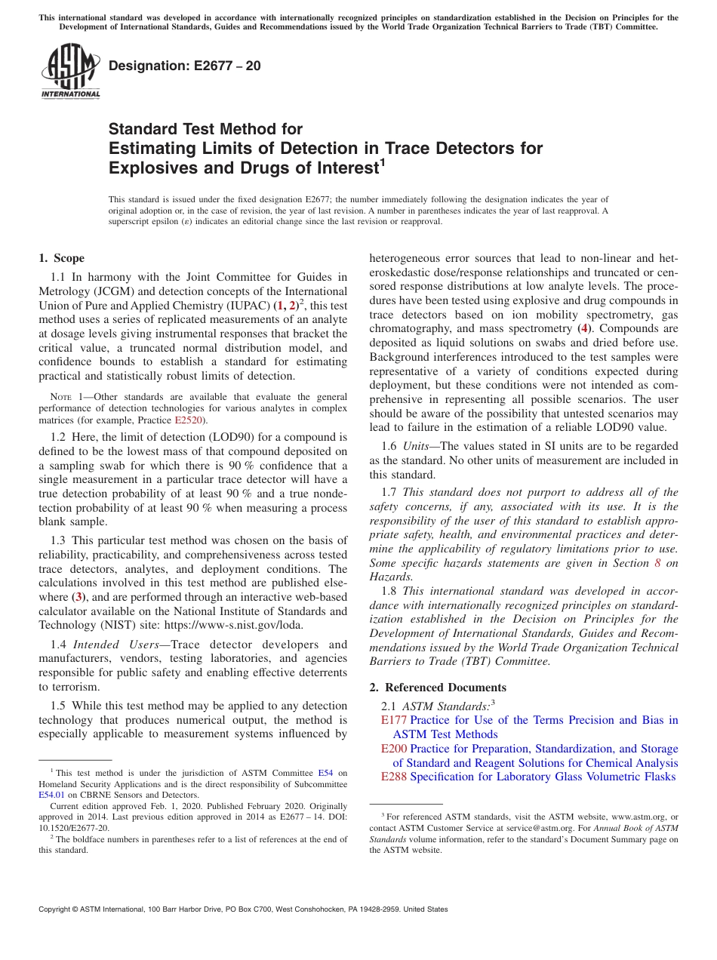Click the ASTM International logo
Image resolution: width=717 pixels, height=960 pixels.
point(70,70)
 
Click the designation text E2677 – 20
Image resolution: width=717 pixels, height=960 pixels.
point(185,66)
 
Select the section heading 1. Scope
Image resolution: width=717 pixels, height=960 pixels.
point(62,258)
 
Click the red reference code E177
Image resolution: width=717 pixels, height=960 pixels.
point(394,720)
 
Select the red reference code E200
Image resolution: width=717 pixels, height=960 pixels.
point(394,749)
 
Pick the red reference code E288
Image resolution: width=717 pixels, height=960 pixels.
point(394,777)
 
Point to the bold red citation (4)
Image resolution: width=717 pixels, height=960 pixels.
point(583,328)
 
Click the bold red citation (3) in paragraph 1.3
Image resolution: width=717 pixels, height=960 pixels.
point(77,597)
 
